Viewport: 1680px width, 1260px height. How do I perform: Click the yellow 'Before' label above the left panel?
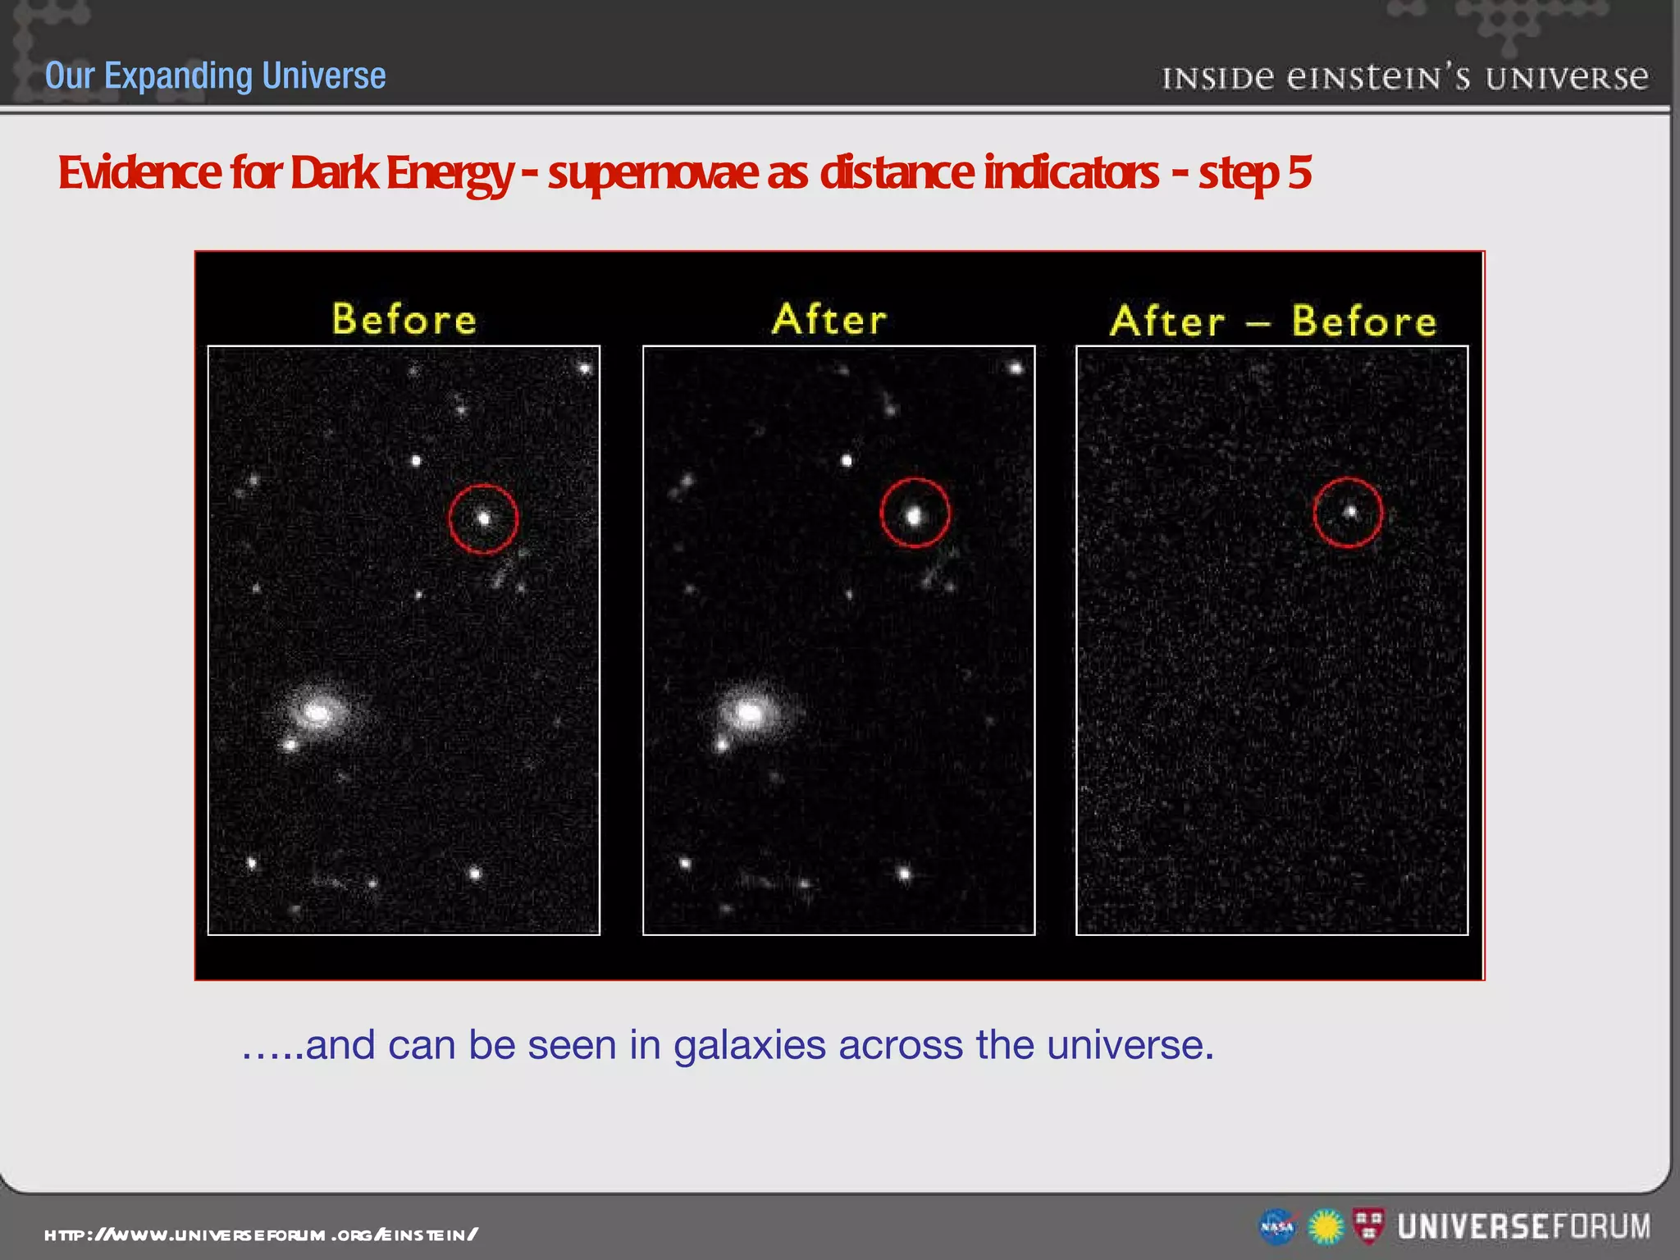coord(404,319)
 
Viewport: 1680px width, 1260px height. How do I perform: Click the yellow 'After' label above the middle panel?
coord(829,319)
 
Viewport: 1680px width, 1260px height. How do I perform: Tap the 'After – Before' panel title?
coord(1273,321)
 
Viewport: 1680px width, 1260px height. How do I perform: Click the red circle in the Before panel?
coord(483,518)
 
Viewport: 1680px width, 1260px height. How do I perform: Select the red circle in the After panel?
coord(915,513)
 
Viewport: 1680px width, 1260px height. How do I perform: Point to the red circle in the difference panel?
coord(1348,513)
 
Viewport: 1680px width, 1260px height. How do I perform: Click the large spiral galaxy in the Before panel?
coord(317,713)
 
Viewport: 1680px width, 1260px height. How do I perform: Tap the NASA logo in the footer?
coord(1276,1227)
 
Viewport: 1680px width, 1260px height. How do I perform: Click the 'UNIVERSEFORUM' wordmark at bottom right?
coord(1524,1226)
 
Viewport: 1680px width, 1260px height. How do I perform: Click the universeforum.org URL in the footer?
coord(261,1234)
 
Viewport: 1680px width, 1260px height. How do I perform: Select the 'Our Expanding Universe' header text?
coord(215,75)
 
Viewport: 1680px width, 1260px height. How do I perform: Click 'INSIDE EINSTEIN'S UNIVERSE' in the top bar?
coord(1404,77)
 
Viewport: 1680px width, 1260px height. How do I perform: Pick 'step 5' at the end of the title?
coord(1254,173)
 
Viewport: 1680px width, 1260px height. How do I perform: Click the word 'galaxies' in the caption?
coord(749,1045)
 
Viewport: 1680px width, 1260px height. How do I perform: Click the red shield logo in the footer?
coord(1368,1226)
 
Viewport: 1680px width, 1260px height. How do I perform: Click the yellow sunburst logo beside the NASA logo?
coord(1326,1227)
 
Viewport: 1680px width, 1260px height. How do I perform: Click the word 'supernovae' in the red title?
coord(653,173)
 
